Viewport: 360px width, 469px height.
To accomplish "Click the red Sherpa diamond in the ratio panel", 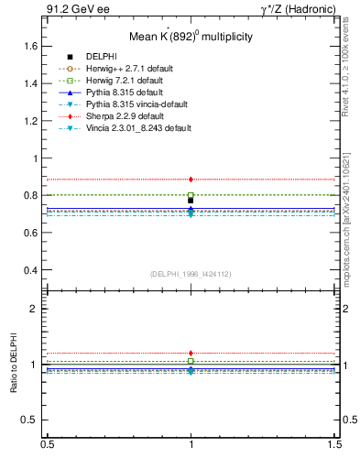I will coord(191,353).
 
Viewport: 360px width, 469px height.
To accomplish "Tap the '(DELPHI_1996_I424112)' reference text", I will coord(190,274).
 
